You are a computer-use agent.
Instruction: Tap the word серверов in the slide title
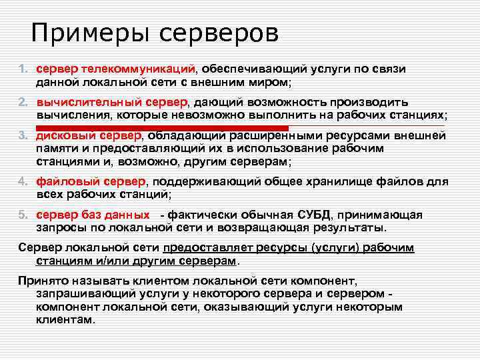[x=221, y=33]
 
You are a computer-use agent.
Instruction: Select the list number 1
[x=22, y=69]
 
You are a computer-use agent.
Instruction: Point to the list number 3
[x=22, y=136]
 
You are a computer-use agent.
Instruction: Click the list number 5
[x=22, y=215]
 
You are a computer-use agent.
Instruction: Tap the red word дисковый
[x=67, y=135]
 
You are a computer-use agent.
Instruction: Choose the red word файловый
[x=67, y=181]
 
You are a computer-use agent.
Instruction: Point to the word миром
[x=269, y=82]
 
